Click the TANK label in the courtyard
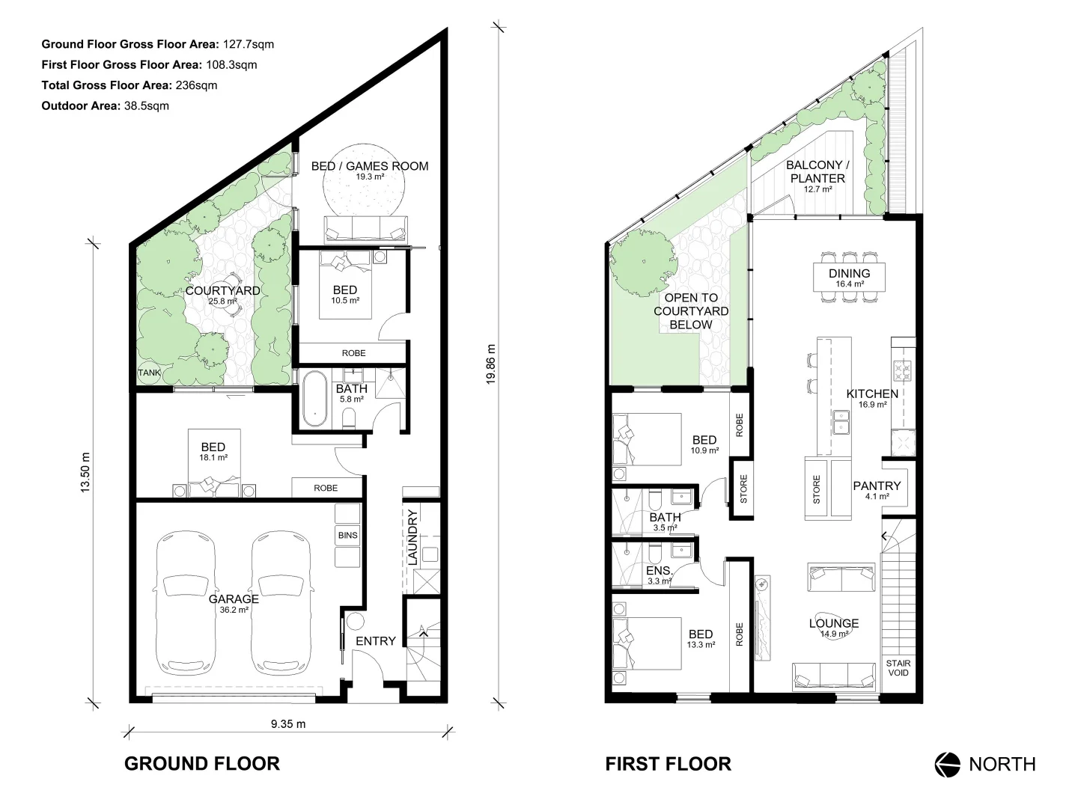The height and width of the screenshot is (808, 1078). point(149,373)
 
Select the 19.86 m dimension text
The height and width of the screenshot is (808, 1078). point(491,364)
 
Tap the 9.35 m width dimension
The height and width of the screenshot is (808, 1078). point(287,723)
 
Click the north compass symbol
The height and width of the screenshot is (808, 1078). point(947,764)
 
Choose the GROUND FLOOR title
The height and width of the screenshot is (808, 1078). point(201,763)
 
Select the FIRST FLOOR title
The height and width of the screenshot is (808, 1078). point(668,763)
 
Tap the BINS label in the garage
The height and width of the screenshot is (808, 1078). point(347,536)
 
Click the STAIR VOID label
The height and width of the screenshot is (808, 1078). point(898,667)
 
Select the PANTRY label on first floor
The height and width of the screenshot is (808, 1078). point(877,486)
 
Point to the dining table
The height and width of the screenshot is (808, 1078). point(849,278)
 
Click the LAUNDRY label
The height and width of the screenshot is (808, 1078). point(412,537)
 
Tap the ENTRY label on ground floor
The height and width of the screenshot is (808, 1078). point(375,641)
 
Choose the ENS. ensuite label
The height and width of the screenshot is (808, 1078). point(659,570)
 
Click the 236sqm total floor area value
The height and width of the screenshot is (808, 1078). point(196,85)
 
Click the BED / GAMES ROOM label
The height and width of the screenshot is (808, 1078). point(370,166)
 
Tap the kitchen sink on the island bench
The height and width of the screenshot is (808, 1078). point(842,425)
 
